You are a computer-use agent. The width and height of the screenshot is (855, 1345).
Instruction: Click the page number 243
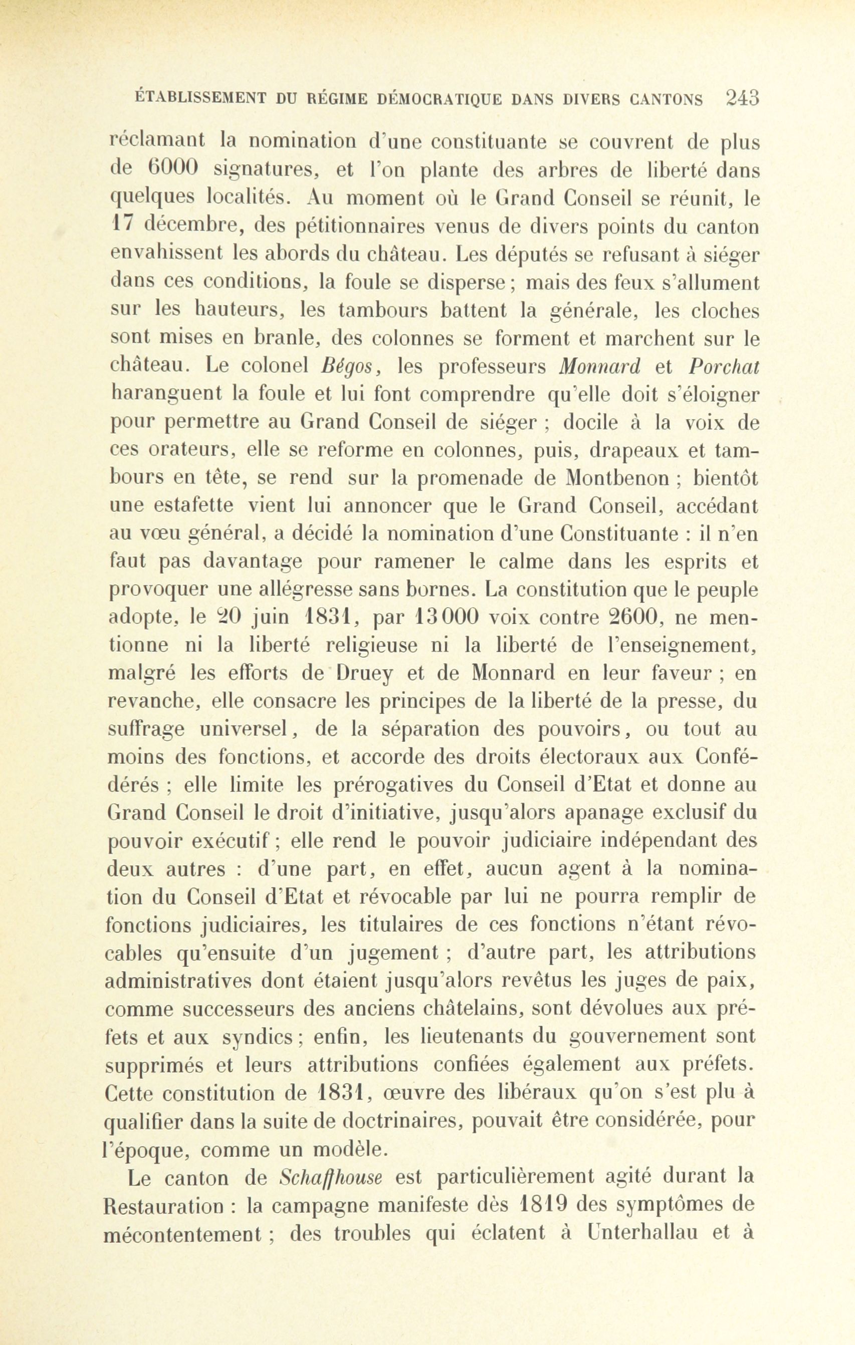click(x=742, y=98)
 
